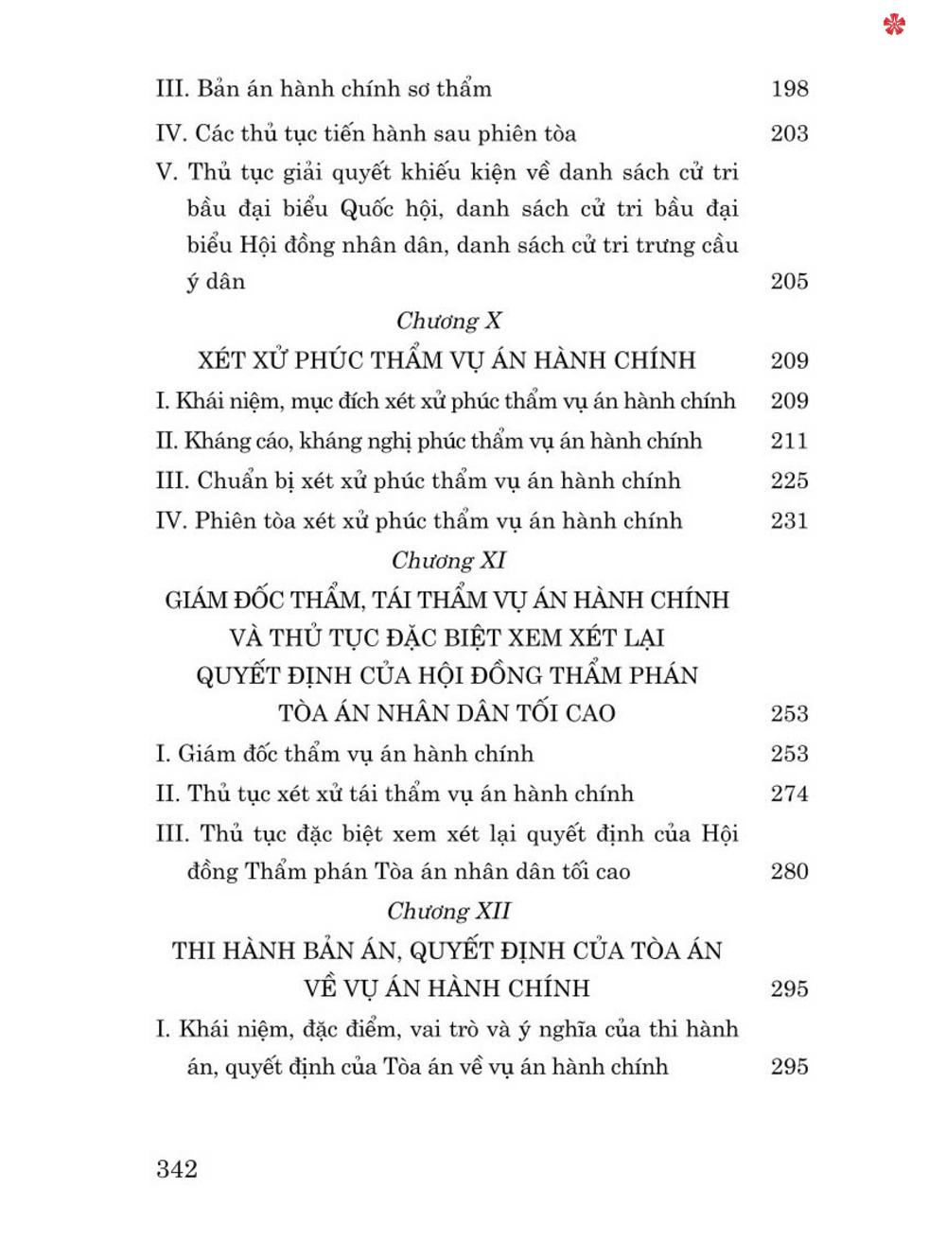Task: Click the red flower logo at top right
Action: tap(894, 25)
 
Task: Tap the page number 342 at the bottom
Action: tap(177, 1169)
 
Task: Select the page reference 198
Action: tap(789, 89)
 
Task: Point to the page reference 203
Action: tap(789, 133)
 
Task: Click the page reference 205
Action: tap(789, 281)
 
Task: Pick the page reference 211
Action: tap(789, 441)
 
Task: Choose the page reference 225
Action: tap(789, 480)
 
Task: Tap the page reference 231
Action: tap(789, 520)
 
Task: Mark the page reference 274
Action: tap(789, 794)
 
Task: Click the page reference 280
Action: tap(789, 871)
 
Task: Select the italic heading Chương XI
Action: tap(448, 561)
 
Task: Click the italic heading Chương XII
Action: tap(448, 912)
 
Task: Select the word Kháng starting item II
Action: tap(217, 441)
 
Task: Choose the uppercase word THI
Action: tap(192, 951)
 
